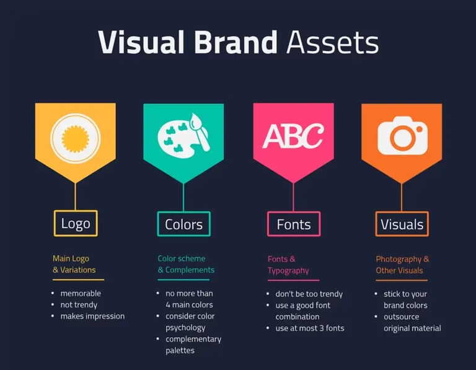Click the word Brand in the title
(x=235, y=42)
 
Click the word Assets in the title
(x=332, y=42)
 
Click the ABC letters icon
(x=293, y=136)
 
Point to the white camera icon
(x=402, y=135)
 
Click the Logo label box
(x=76, y=224)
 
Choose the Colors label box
(x=183, y=224)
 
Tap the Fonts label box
(x=294, y=224)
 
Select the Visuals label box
(x=402, y=224)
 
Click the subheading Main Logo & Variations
(x=74, y=264)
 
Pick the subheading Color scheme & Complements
(x=186, y=264)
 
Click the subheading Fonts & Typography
(x=288, y=265)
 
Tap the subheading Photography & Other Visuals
(x=402, y=265)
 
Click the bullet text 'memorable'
(x=81, y=293)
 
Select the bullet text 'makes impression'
(x=92, y=316)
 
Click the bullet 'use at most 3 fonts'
(x=309, y=328)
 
